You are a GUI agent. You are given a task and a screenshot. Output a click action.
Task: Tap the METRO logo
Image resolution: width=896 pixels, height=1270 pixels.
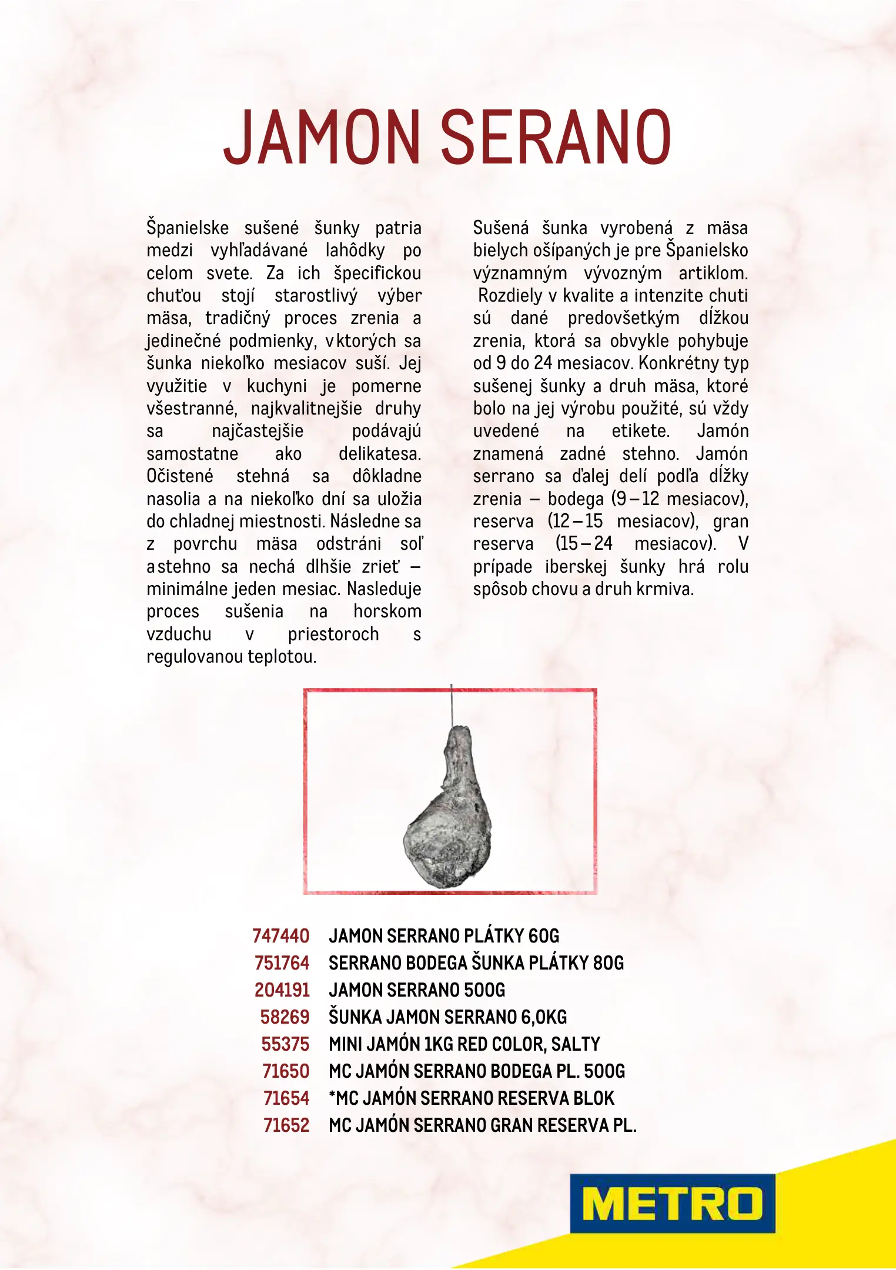(672, 1203)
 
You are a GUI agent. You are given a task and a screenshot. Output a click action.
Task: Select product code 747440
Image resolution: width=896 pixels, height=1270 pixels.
(280, 935)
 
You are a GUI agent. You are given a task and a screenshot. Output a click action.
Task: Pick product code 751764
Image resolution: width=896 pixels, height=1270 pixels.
(282, 962)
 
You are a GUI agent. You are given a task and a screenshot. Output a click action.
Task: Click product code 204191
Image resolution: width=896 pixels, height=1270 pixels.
(282, 990)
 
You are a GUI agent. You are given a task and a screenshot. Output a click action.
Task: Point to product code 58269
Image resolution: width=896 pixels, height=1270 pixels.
(285, 1017)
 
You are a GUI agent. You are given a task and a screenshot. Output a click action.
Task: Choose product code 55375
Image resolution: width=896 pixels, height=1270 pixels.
(285, 1044)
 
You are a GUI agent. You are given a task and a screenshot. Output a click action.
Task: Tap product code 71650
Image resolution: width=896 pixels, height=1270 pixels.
(286, 1071)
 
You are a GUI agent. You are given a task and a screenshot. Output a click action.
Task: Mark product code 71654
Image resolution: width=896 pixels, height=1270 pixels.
(286, 1098)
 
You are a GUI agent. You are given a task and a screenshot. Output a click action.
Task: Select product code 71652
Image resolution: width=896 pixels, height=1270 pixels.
(286, 1125)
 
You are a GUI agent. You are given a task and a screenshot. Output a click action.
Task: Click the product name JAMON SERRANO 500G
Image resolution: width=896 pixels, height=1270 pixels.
(417, 990)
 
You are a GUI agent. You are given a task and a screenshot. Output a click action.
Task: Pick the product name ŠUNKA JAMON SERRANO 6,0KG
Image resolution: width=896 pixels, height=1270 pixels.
(448, 1017)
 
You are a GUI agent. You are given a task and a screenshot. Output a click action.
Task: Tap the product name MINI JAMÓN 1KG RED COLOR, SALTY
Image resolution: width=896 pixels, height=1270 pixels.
(464, 1044)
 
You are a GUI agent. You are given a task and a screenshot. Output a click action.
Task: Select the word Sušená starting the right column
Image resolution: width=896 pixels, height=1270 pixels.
(500, 228)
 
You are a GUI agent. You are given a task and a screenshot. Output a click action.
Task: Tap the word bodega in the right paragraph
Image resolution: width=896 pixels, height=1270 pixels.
(576, 499)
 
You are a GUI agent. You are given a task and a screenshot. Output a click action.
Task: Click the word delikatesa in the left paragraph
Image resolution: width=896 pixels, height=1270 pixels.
(380, 454)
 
